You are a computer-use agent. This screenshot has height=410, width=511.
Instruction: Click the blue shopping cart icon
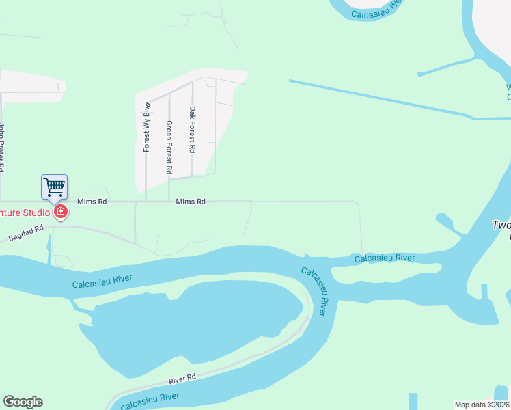(54, 186)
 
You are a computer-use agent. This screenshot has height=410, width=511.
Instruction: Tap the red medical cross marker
(61, 213)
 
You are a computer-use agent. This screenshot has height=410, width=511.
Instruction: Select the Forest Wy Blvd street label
(146, 127)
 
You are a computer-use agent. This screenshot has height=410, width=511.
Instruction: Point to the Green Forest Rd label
(169, 147)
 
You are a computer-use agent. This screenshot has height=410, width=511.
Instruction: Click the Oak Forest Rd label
(193, 130)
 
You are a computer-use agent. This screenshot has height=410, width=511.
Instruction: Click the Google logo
(23, 402)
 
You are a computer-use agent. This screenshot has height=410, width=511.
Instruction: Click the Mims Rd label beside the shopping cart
(92, 202)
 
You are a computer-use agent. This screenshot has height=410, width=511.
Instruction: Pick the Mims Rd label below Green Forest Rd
(191, 202)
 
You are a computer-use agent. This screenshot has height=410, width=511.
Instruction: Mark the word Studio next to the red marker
(34, 213)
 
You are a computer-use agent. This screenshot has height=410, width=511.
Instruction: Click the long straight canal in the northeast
(383, 98)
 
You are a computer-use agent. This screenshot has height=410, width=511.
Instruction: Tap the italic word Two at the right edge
(501, 225)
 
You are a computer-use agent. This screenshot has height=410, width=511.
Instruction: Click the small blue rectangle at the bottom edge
(413, 401)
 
